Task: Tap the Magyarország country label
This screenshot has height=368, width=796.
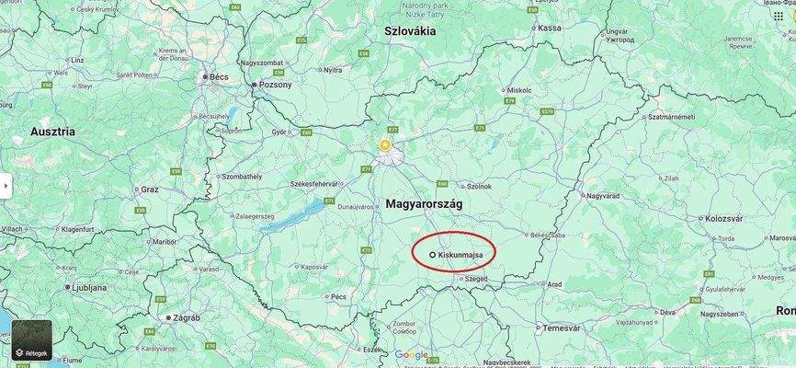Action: click(424, 203)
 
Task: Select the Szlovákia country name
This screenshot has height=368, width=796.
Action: click(409, 31)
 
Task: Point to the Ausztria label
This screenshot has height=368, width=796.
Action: click(52, 132)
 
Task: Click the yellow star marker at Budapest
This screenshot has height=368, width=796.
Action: click(385, 145)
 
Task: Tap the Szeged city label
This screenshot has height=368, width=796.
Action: click(475, 278)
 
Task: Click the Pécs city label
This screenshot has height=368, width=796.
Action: click(339, 296)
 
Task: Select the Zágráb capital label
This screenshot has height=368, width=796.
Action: click(186, 317)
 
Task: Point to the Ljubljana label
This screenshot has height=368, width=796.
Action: click(88, 287)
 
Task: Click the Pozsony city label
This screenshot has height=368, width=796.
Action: click(275, 85)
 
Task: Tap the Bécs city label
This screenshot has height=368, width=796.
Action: click(219, 76)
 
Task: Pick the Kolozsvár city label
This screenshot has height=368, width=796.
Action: click(722, 218)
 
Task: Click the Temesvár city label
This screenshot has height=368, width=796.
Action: click(562, 328)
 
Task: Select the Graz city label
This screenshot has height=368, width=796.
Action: click(150, 190)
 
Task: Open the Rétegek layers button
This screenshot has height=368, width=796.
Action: click(31, 340)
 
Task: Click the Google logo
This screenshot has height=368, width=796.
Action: click(411, 355)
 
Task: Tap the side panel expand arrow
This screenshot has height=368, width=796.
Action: click(6, 185)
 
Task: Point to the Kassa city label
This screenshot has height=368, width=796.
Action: click(549, 28)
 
